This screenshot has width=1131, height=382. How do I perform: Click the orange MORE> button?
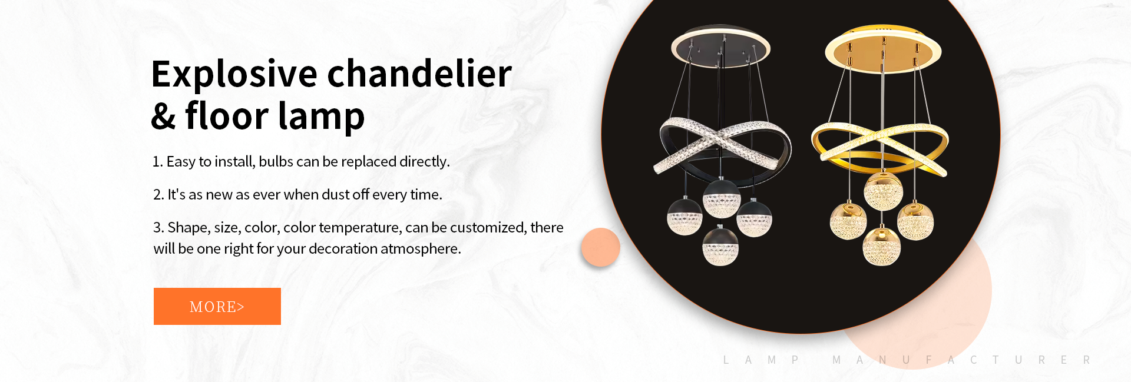tap(217, 306)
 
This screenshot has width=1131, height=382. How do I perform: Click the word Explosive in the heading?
tap(234, 75)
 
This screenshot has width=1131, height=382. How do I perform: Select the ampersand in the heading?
tap(163, 116)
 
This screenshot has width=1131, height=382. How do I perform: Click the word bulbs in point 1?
tap(276, 161)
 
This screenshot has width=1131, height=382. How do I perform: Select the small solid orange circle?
tap(600, 247)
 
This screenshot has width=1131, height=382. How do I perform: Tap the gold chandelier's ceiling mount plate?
tap(882, 49)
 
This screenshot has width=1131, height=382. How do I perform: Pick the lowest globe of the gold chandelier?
tap(882, 245)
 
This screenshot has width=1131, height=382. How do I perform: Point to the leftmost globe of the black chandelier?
tap(684, 216)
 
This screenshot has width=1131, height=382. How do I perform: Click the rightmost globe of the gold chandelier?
tap(915, 221)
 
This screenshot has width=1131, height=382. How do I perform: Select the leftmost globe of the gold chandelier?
tap(848, 221)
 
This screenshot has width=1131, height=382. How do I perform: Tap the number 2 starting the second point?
tap(157, 195)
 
